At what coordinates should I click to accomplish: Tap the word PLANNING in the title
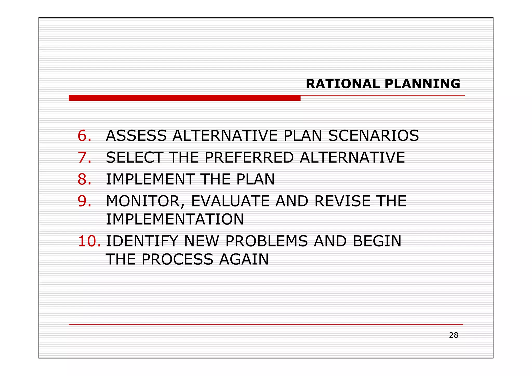tap(422, 84)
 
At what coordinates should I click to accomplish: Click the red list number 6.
tap(84, 136)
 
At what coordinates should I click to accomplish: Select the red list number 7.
tap(84, 157)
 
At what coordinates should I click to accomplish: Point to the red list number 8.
tap(84, 179)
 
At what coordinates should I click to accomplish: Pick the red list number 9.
tap(84, 201)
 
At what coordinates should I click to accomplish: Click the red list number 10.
tap(89, 241)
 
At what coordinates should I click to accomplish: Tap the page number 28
tap(454, 335)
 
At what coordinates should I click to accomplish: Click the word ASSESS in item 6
tap(136, 136)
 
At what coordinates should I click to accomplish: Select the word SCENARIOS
tap(374, 136)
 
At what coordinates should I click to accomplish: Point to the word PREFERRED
tap(249, 157)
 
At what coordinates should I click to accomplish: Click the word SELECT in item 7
tap(134, 157)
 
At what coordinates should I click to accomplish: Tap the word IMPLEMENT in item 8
tap(150, 179)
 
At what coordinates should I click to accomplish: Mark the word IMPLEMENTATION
tap(175, 219)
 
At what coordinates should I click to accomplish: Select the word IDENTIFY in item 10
tap(142, 241)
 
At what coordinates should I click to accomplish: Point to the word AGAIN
tap(244, 259)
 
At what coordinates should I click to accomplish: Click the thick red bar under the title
tap(184, 98)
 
